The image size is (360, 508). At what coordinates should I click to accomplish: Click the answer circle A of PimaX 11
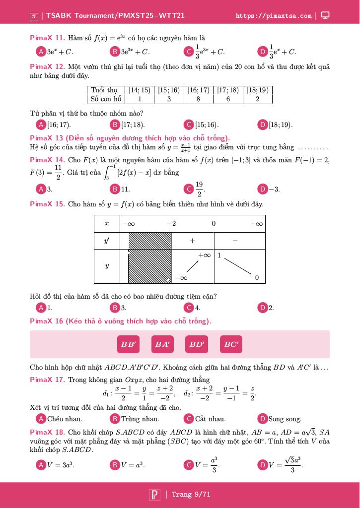(x=41, y=52)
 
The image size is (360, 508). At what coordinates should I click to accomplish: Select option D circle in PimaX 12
(x=263, y=125)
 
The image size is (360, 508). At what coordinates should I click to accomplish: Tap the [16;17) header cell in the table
(x=198, y=90)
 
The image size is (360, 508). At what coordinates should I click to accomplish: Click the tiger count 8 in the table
(x=198, y=99)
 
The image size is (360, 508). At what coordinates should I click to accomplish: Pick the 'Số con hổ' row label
(x=105, y=99)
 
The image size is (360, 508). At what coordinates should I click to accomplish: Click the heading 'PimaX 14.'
(x=47, y=160)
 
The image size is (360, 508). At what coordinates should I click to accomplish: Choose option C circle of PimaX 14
(x=188, y=189)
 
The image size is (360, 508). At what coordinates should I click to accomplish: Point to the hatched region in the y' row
(x=150, y=241)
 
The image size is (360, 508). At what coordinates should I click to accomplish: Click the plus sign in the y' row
(x=192, y=241)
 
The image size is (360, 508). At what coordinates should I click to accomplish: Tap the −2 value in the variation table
(x=171, y=224)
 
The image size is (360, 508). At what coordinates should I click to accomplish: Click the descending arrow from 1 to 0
(x=237, y=266)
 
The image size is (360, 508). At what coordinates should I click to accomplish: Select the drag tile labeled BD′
(x=197, y=344)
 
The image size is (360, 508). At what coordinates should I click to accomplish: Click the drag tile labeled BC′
(x=231, y=344)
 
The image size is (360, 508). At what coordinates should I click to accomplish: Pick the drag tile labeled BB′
(x=128, y=344)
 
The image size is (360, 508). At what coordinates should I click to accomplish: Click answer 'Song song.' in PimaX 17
(x=285, y=419)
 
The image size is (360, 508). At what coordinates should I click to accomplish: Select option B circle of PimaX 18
(x=115, y=465)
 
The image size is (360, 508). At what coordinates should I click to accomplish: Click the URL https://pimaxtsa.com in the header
(x=274, y=16)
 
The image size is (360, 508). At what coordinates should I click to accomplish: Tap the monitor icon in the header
(x=325, y=15)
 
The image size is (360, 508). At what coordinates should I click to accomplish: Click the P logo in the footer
(x=154, y=495)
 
